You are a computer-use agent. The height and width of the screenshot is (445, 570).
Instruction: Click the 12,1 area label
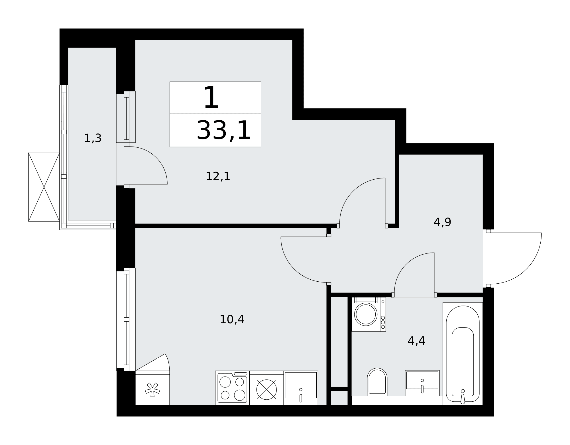[218, 176]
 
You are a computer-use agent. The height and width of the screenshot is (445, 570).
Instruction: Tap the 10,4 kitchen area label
[232, 319]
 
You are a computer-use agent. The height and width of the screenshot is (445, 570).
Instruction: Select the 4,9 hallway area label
[442, 222]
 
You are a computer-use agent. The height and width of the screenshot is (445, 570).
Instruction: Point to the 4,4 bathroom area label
[416, 341]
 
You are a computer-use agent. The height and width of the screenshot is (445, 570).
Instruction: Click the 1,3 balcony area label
[93, 138]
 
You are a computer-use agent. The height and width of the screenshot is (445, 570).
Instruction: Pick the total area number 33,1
[224, 130]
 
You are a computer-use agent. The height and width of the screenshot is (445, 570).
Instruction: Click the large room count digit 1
[211, 97]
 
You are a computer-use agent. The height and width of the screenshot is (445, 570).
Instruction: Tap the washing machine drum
[366, 314]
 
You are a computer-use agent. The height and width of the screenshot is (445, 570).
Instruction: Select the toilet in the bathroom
[377, 382]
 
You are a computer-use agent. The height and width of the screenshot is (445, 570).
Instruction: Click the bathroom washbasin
[422, 383]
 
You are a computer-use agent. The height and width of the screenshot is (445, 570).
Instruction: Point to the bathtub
[463, 353]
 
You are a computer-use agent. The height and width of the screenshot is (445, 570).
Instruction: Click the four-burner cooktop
[232, 388]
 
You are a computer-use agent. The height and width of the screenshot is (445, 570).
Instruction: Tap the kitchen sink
[301, 388]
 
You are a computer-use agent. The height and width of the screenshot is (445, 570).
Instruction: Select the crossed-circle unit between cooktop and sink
[266, 389]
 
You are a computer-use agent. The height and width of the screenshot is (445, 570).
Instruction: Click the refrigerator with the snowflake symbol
[152, 388]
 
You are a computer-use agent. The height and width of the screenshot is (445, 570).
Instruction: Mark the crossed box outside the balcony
[44, 187]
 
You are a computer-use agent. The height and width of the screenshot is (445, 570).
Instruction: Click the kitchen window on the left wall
[126, 319]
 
